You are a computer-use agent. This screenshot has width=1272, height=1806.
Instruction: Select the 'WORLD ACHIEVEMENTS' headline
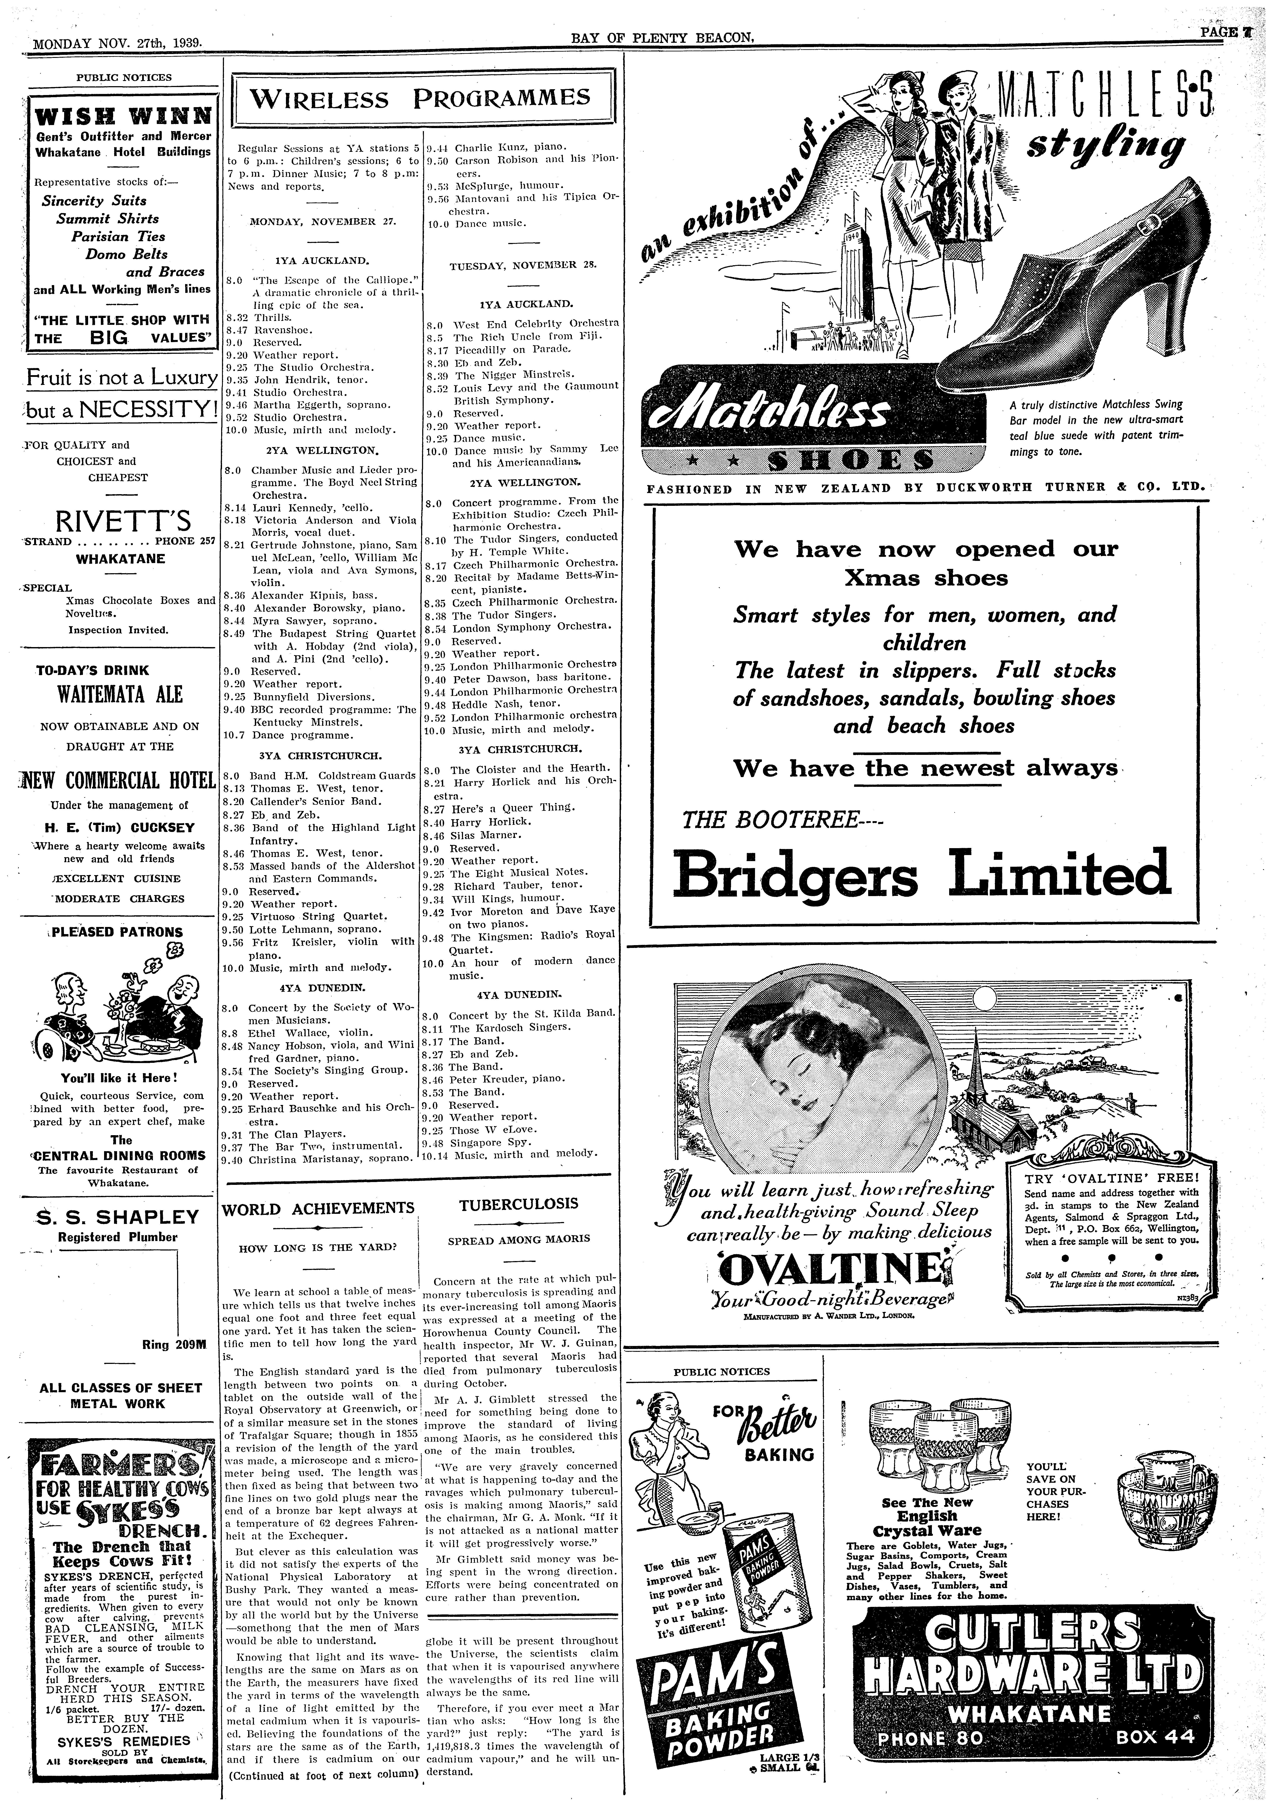pyautogui.click(x=318, y=1208)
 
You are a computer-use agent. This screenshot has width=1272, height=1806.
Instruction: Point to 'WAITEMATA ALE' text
pyautogui.click(x=120, y=695)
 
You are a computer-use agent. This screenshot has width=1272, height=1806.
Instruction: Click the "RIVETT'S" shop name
pyautogui.click(x=124, y=522)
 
